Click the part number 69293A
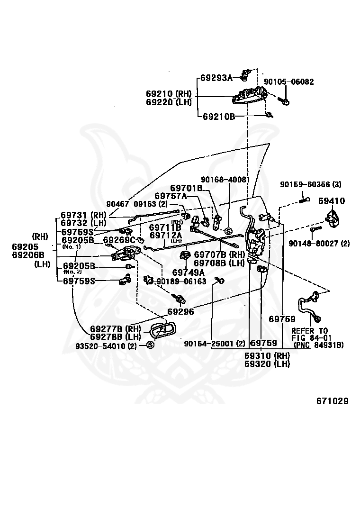point(216,78)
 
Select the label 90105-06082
point(289,82)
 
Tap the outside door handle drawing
point(249,95)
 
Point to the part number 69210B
point(219,117)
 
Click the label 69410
point(332,201)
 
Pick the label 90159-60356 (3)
point(311,184)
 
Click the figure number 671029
point(333,401)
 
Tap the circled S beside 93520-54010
point(150,345)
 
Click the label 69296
point(180,311)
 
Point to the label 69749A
point(189,272)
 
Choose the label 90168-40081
point(225,180)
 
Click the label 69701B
point(186,188)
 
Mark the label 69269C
point(119,240)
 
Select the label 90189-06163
point(181,282)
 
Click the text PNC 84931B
point(319,345)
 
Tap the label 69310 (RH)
point(267,355)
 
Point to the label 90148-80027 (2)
point(319,243)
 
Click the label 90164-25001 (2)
point(215,343)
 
